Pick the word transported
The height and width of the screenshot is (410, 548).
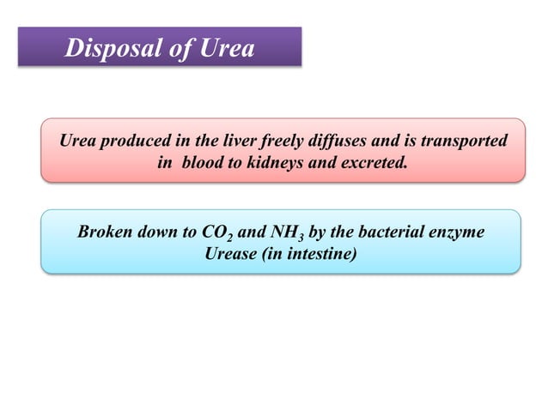pos(465,141)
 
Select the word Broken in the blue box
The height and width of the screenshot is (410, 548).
pos(103,232)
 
